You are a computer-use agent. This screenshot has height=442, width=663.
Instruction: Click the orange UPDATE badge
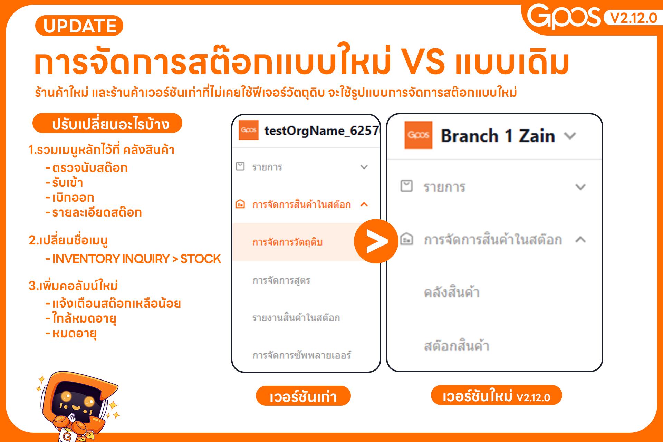coord(79,26)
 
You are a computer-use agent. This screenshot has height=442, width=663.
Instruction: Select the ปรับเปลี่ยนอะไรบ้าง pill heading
coord(107,123)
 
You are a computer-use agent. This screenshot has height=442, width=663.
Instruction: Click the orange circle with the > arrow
coord(376,241)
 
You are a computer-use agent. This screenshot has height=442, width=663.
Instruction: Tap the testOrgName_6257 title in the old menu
coord(321,131)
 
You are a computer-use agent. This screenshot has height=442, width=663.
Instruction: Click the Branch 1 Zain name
coord(498,136)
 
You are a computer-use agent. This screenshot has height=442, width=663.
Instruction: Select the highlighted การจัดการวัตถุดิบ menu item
coord(287,242)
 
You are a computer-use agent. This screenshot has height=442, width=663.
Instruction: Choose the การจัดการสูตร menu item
coord(281,280)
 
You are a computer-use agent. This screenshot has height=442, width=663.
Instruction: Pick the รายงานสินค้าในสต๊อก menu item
coord(296,318)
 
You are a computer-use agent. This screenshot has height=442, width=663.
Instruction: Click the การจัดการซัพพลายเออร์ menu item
coord(301,355)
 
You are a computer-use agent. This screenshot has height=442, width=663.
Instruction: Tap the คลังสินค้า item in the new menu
coord(452,292)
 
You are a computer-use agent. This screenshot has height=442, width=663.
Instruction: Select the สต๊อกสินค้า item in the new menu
coord(457,346)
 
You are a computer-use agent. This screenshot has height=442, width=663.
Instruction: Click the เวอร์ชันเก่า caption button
coord(303,396)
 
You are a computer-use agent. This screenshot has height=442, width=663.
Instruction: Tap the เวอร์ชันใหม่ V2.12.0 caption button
coord(496,396)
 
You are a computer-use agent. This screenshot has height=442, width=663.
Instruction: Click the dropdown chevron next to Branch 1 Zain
coord(570,136)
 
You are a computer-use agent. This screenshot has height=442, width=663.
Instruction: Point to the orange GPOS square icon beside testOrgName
coord(248,130)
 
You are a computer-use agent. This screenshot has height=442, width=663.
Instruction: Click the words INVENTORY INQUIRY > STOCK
coord(136,259)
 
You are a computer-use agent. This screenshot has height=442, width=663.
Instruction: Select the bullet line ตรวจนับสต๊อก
coord(90,168)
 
